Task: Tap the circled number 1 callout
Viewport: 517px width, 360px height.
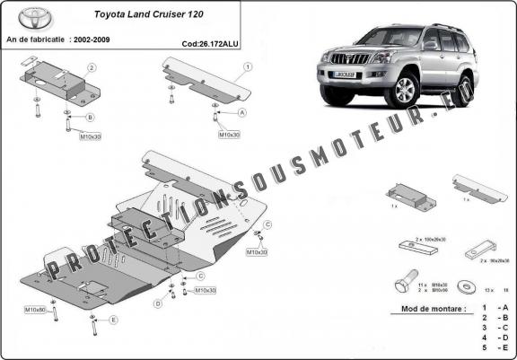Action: click(247, 66)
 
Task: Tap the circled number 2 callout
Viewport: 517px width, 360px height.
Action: click(91, 67)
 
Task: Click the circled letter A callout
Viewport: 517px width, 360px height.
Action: click(241, 113)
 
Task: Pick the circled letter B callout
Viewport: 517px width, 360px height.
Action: click(90, 118)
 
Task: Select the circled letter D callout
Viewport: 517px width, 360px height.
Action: click(158, 303)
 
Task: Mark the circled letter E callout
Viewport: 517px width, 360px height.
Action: click(113, 320)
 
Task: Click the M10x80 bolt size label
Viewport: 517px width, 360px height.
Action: click(35, 310)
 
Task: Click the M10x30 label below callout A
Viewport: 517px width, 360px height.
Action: click(229, 135)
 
